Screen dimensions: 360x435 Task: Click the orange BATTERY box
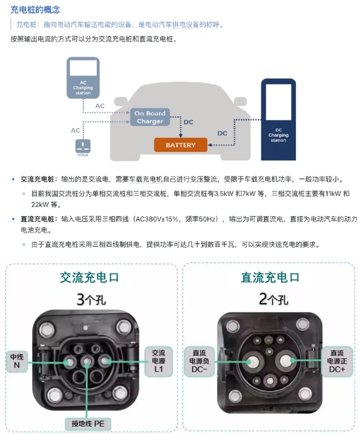coord(181,145)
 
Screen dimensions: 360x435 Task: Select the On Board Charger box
coord(150,117)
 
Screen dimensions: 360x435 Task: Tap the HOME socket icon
coord(83,146)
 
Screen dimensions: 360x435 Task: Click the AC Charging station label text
coord(83,88)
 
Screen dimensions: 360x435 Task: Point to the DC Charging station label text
coord(278,135)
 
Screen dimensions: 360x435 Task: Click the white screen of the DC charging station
coord(278,102)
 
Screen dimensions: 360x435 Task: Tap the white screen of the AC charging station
coord(83,67)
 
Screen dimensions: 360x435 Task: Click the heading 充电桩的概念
coord(35,10)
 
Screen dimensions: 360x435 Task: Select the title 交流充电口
coord(89,278)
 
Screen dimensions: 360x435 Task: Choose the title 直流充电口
coord(270,278)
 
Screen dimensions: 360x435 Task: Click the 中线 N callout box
coord(17,361)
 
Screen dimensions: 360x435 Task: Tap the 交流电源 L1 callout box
coord(158,361)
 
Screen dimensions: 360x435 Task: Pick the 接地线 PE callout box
coord(88,424)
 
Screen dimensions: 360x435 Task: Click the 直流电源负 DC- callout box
coord(199,361)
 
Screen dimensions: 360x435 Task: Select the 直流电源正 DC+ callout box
coord(337,361)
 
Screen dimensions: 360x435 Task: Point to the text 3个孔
coord(91,300)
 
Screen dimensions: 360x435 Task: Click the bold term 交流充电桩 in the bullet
coord(38,179)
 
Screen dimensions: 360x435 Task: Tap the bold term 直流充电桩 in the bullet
coord(38,219)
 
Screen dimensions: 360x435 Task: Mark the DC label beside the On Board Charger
coord(188,122)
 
